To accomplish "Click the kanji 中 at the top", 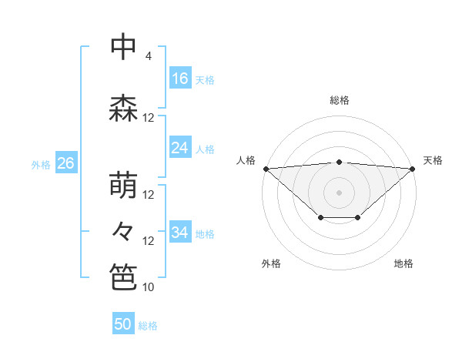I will (x=123, y=47).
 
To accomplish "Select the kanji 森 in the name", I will (x=123, y=109).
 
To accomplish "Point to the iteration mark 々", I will (x=123, y=230).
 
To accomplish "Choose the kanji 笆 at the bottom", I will (x=123, y=277).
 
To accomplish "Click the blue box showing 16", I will (x=180, y=79).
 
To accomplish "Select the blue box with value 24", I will (x=180, y=148).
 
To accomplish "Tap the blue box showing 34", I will (x=180, y=233).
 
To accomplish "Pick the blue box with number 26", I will (x=66, y=163).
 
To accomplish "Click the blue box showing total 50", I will (x=123, y=325).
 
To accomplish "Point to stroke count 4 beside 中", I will (x=148, y=56).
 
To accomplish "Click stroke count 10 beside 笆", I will (x=148, y=287).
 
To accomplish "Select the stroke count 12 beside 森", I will (x=148, y=118).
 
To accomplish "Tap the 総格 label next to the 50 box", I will (x=148, y=326).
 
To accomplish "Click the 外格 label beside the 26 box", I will (x=41, y=164).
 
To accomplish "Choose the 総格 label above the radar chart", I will (x=339, y=100).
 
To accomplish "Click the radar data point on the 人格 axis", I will (x=266, y=169).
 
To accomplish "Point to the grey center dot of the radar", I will (x=339, y=192).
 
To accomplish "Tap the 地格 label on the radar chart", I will (x=403, y=264).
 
